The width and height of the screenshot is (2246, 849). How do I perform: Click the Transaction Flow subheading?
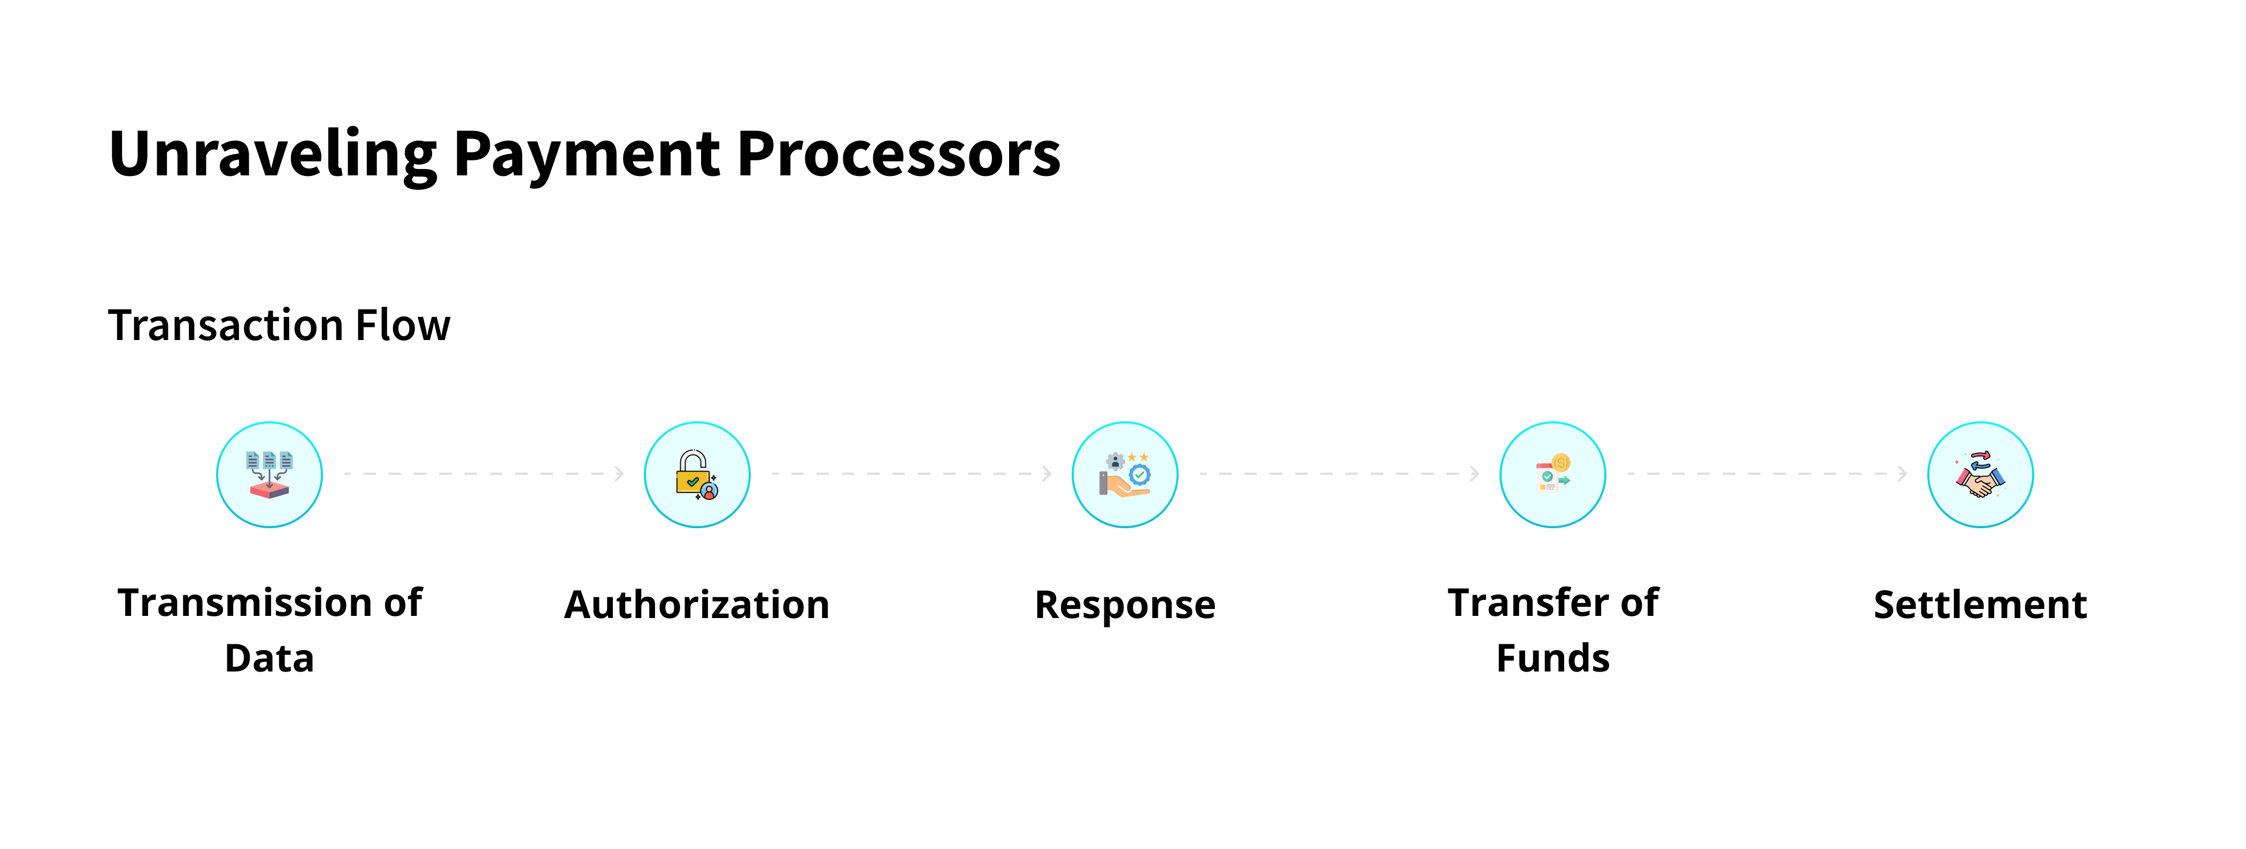[x=279, y=325]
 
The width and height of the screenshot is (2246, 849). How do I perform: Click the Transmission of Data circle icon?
[x=270, y=475]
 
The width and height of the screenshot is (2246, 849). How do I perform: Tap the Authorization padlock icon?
[x=697, y=475]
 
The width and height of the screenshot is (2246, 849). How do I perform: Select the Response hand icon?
[x=1125, y=475]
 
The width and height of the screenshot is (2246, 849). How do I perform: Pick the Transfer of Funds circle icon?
[x=1552, y=475]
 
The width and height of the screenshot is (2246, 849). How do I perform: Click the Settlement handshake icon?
[x=1980, y=475]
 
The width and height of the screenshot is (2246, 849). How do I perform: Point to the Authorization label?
[x=697, y=605]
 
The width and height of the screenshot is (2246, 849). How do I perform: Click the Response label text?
[x=1125, y=605]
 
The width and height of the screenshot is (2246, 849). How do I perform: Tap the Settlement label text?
[x=1980, y=605]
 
